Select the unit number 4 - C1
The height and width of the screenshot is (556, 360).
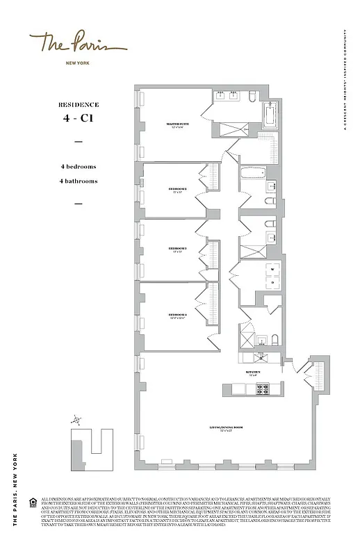pyautogui.click(x=79, y=119)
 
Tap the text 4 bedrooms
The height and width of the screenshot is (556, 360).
pyautogui.click(x=78, y=167)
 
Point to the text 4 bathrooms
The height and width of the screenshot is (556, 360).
pyautogui.click(x=78, y=181)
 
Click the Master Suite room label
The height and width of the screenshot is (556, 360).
pyautogui.click(x=174, y=125)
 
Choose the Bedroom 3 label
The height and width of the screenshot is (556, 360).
pyautogui.click(x=177, y=249)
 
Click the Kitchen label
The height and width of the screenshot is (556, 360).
pyautogui.click(x=252, y=373)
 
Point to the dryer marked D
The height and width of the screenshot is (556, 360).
pyautogui.click(x=272, y=282)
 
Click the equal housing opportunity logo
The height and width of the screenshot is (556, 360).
pyautogui.click(x=33, y=502)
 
